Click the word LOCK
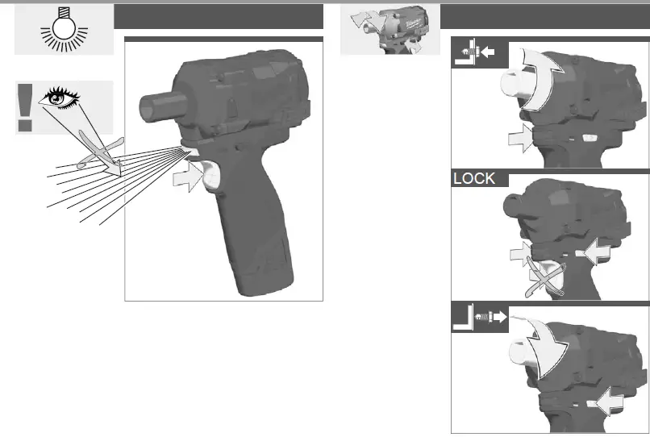474,179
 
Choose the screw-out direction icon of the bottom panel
481,318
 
